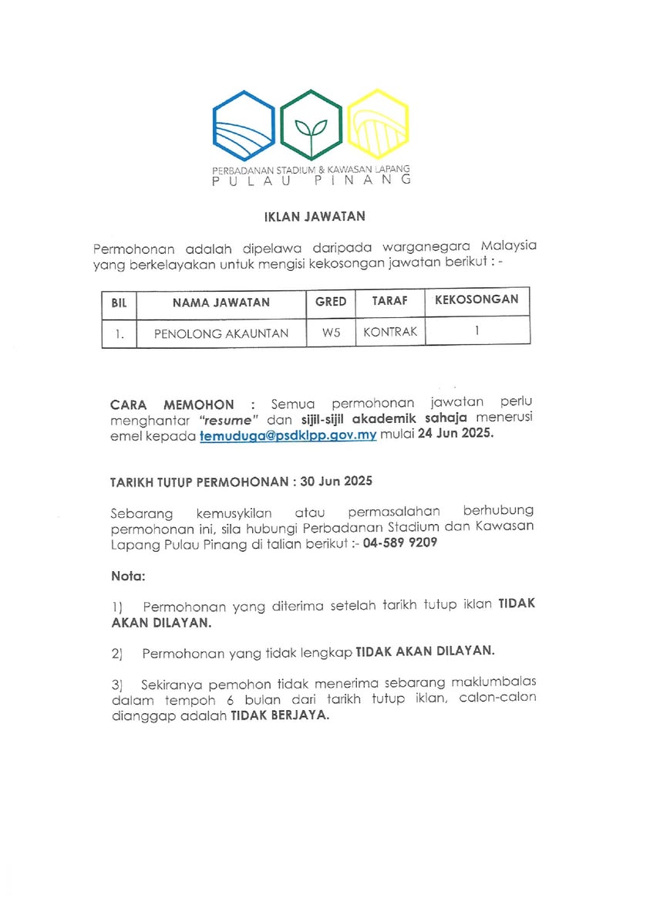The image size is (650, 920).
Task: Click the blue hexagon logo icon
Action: click(x=244, y=125)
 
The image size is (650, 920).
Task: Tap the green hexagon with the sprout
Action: click(x=311, y=125)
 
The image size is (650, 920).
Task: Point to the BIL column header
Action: click(x=119, y=302)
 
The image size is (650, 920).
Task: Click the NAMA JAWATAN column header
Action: click(x=221, y=302)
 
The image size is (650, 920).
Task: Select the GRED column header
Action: click(x=331, y=301)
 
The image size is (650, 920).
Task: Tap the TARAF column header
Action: click(x=389, y=301)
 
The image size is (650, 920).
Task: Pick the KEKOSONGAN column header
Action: click(x=477, y=299)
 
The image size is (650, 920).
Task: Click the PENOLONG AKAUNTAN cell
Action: click(x=221, y=333)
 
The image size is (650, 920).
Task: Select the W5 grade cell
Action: click(x=331, y=333)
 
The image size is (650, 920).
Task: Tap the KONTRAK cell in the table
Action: click(x=389, y=332)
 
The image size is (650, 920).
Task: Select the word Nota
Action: click(x=127, y=576)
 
